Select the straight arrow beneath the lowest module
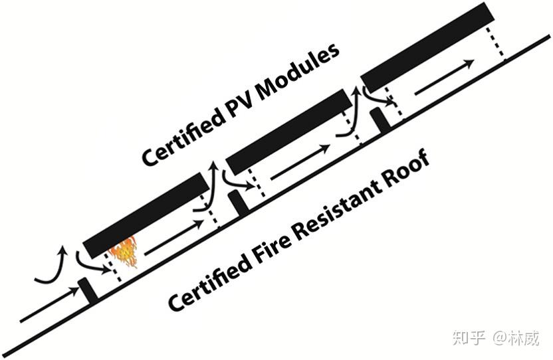pyautogui.click(x=173, y=238)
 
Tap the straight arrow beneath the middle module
pyautogui.click(x=299, y=161)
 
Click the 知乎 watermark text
pyautogui.click(x=468, y=337)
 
